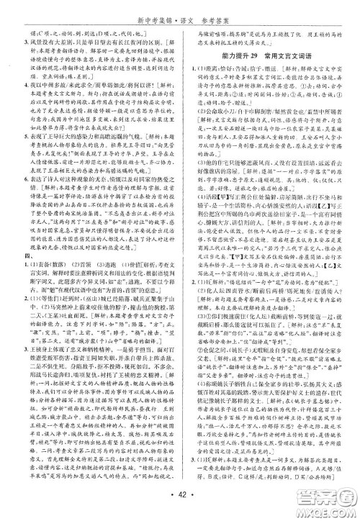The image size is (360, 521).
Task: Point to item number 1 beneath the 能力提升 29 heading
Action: coord(184,68)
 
